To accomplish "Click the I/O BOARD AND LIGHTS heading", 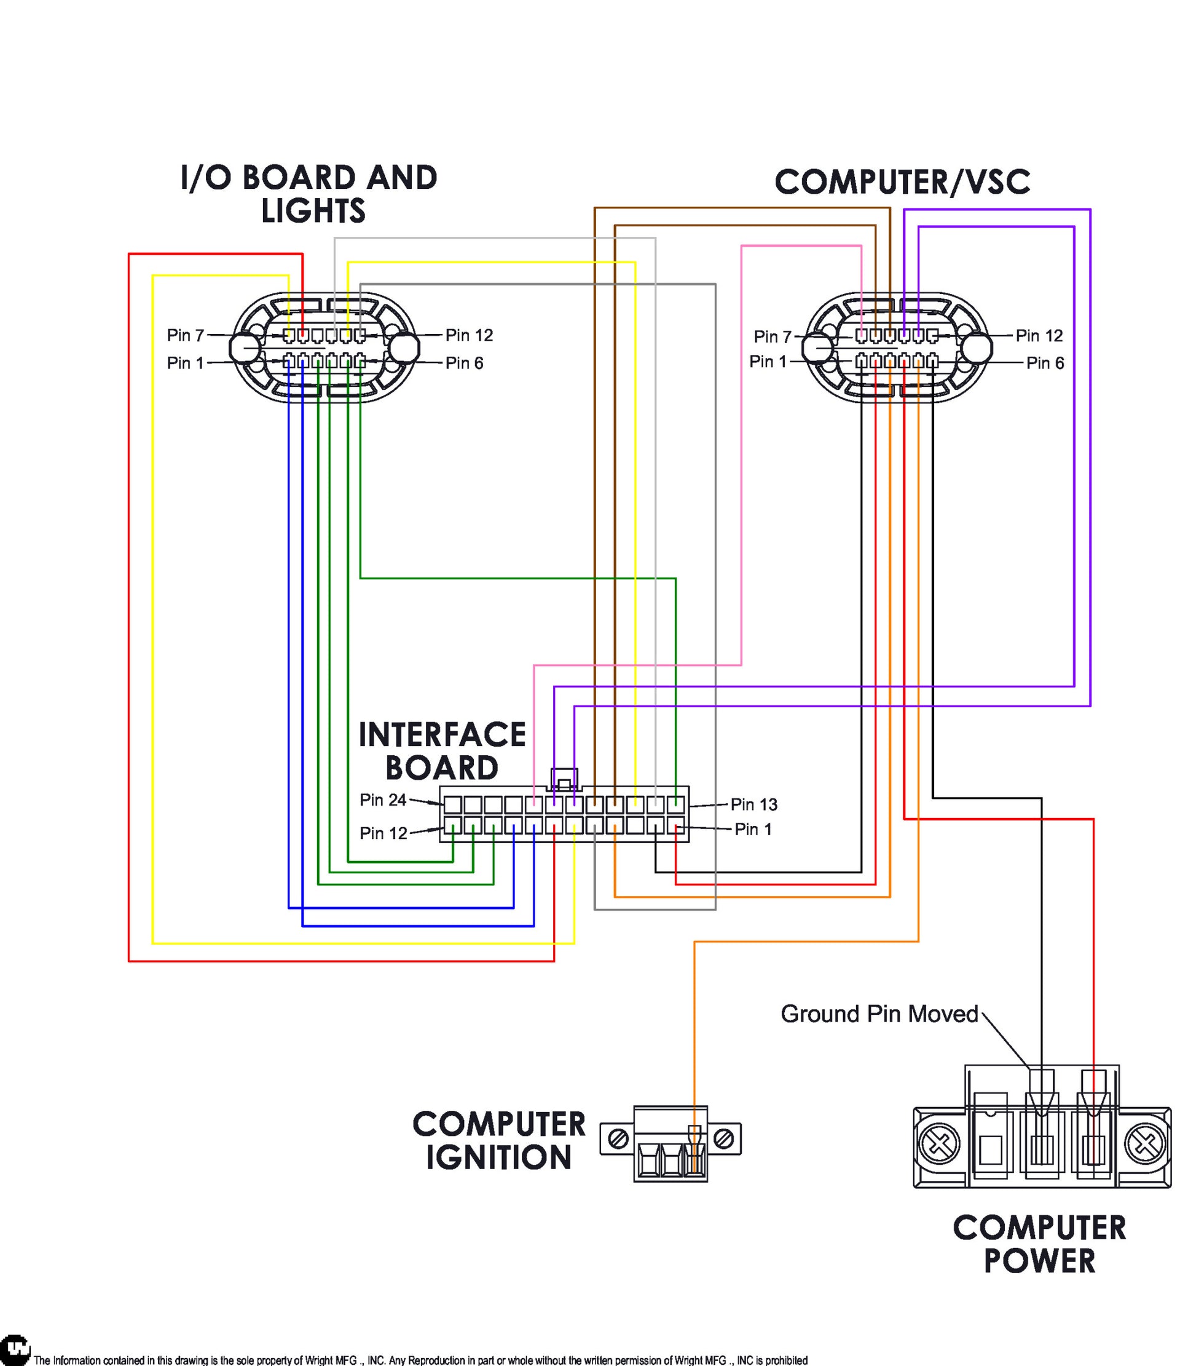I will [x=309, y=194].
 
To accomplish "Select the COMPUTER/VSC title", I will [x=902, y=183].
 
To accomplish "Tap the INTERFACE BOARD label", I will [x=442, y=751].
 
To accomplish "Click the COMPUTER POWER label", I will [x=1039, y=1245].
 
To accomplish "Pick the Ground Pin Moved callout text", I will [x=879, y=1014].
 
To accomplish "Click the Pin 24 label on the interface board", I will [x=383, y=800].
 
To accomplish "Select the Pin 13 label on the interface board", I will [x=753, y=804].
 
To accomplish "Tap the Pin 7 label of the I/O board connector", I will [x=185, y=335].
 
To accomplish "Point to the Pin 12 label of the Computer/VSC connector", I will [x=1039, y=336].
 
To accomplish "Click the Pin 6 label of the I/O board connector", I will [x=464, y=363].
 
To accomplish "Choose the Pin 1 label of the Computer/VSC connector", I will [x=768, y=361].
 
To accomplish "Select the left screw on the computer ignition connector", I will [x=618, y=1138].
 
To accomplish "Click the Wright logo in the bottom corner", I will [x=15, y=1349].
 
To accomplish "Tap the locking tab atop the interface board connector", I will [x=564, y=779].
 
